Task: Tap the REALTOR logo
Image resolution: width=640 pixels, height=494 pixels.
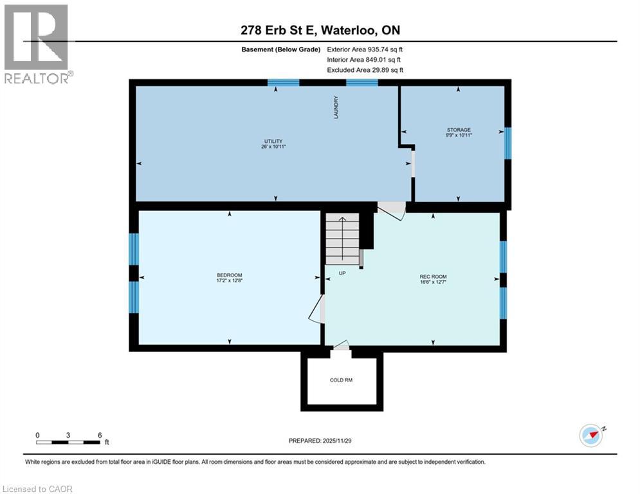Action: point(37,44)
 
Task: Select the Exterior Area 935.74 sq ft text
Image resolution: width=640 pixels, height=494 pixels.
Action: point(365,49)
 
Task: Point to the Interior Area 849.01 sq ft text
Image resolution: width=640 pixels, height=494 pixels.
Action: point(364,59)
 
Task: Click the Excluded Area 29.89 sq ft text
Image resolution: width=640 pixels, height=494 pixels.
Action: point(365,70)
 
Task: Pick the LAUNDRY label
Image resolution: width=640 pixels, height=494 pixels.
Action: point(336,107)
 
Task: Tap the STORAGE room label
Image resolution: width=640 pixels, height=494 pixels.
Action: point(459,133)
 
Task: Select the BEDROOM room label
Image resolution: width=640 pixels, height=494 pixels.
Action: point(229,278)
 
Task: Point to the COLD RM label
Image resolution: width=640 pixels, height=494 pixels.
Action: point(341,380)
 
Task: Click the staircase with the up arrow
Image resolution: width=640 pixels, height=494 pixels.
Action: point(342,239)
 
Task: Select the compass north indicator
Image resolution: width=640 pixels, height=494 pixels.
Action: point(591,435)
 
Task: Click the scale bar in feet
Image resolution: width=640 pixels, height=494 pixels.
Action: point(68,442)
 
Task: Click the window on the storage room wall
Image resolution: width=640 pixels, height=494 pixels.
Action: point(507,143)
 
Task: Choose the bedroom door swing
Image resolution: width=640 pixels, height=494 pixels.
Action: point(316,309)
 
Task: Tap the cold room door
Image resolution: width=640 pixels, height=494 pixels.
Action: point(341,347)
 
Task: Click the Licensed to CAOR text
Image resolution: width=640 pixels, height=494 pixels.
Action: point(38,489)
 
